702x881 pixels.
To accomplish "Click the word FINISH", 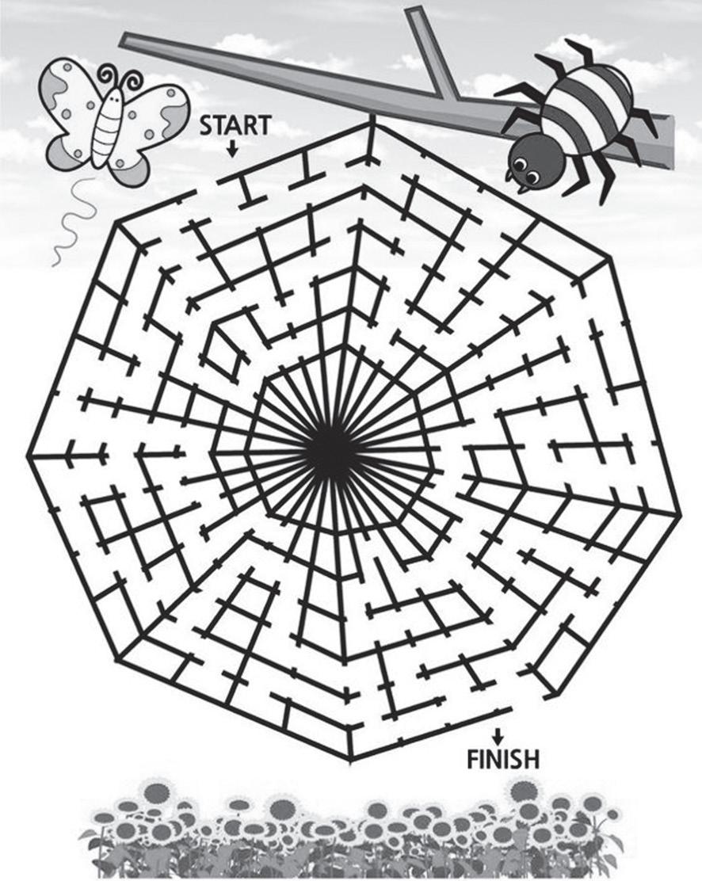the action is pyautogui.click(x=502, y=761).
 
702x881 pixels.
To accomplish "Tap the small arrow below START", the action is pyautogui.click(x=232, y=147).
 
